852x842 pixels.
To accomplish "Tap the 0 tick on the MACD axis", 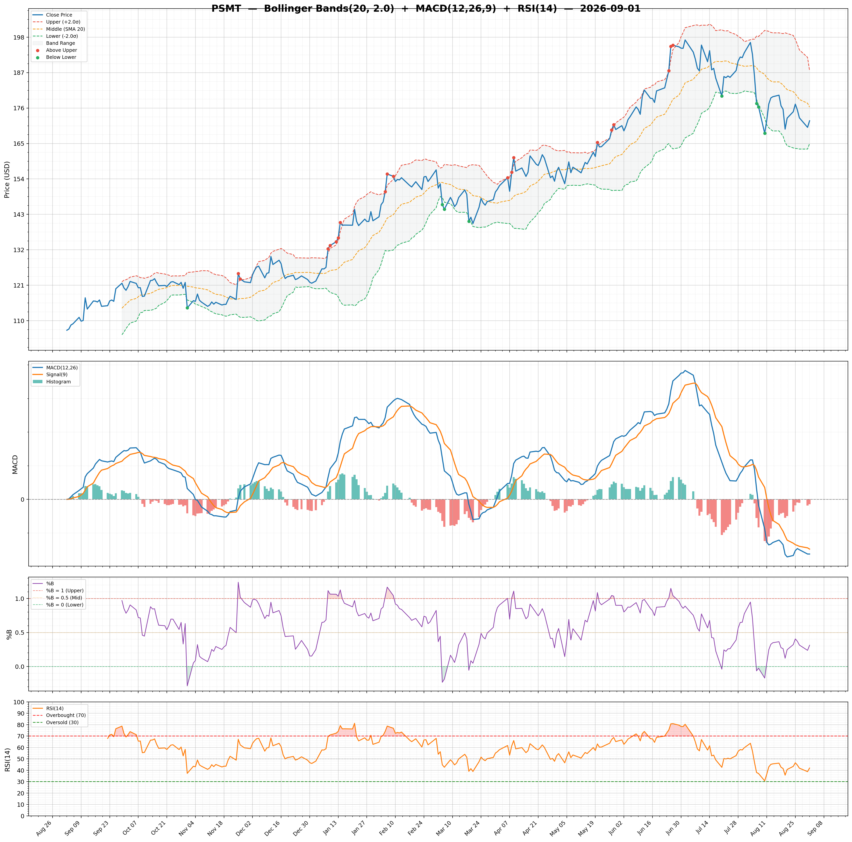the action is [23, 500].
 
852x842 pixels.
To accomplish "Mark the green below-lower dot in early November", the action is [187, 308].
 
